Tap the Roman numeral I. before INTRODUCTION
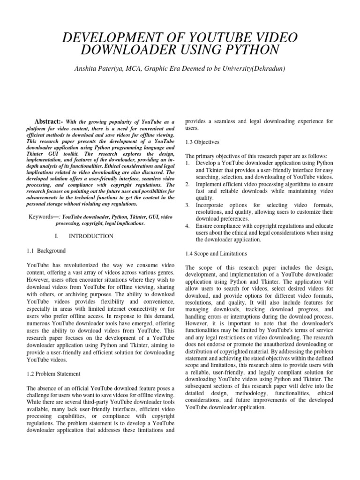(x=57, y=236)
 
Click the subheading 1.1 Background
(x=46, y=251)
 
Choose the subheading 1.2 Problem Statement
(x=53, y=374)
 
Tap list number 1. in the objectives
(x=188, y=163)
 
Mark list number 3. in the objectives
(x=188, y=205)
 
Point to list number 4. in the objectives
(x=188, y=226)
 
